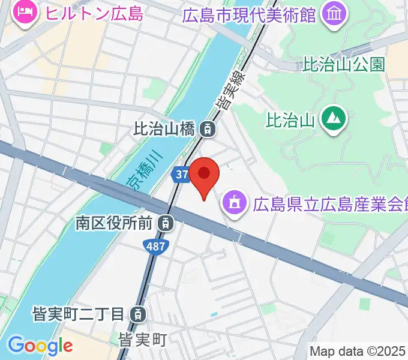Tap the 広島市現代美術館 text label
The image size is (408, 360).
[x=249, y=14]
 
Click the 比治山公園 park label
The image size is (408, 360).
[x=344, y=64]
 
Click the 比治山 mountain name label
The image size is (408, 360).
[x=290, y=119]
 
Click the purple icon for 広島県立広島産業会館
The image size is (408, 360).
[x=232, y=202]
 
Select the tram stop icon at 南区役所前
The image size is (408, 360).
[x=164, y=223]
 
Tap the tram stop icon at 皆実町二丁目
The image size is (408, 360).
[x=138, y=313]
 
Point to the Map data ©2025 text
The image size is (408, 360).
[x=358, y=351]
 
